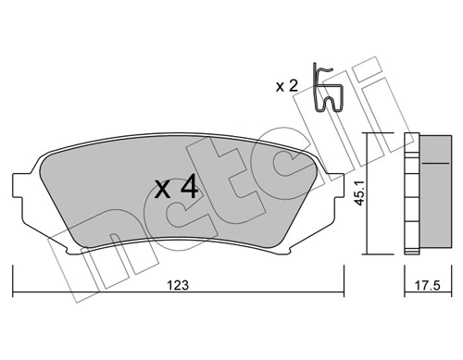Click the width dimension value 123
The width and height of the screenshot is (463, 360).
tap(180, 286)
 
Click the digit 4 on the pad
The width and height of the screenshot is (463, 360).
tap(188, 188)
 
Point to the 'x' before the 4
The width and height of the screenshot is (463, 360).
tap(162, 191)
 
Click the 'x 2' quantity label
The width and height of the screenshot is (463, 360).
tap(287, 86)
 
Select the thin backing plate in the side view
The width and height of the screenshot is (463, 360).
tap(409, 194)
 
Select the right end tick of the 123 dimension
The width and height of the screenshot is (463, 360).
tap(345, 276)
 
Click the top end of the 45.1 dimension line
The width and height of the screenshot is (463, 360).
tap(369, 135)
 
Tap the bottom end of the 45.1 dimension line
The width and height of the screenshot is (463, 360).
tap(369, 253)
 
